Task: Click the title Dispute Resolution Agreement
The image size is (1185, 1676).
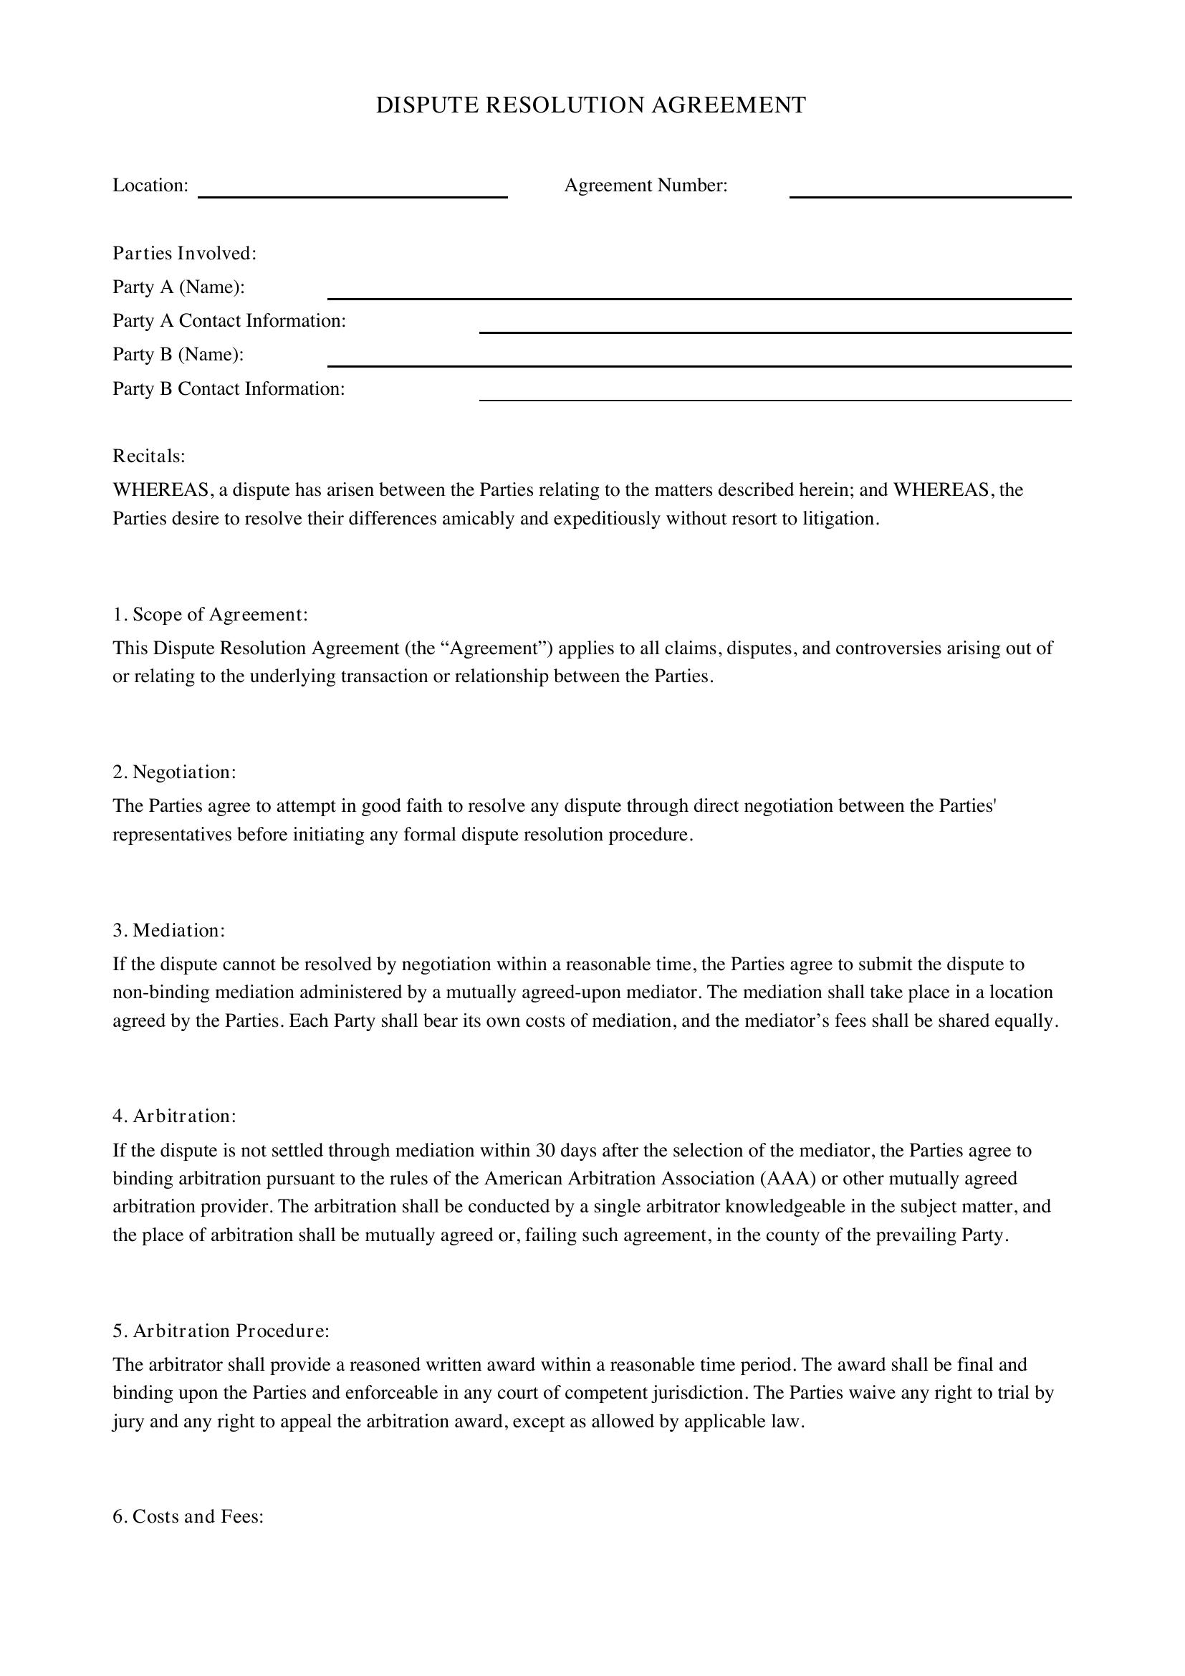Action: [590, 105]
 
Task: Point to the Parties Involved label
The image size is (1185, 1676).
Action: [185, 253]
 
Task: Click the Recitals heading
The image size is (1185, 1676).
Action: [149, 456]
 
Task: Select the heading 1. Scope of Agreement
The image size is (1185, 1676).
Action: [210, 615]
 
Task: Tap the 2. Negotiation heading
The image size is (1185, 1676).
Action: [174, 772]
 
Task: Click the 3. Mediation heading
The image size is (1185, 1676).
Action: [168, 931]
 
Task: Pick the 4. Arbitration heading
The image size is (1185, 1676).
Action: [174, 1116]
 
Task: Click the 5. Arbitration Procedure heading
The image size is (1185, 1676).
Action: [221, 1331]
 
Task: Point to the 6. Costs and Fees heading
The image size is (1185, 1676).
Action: [188, 1517]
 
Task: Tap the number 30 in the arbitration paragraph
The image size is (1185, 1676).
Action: [546, 1151]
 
